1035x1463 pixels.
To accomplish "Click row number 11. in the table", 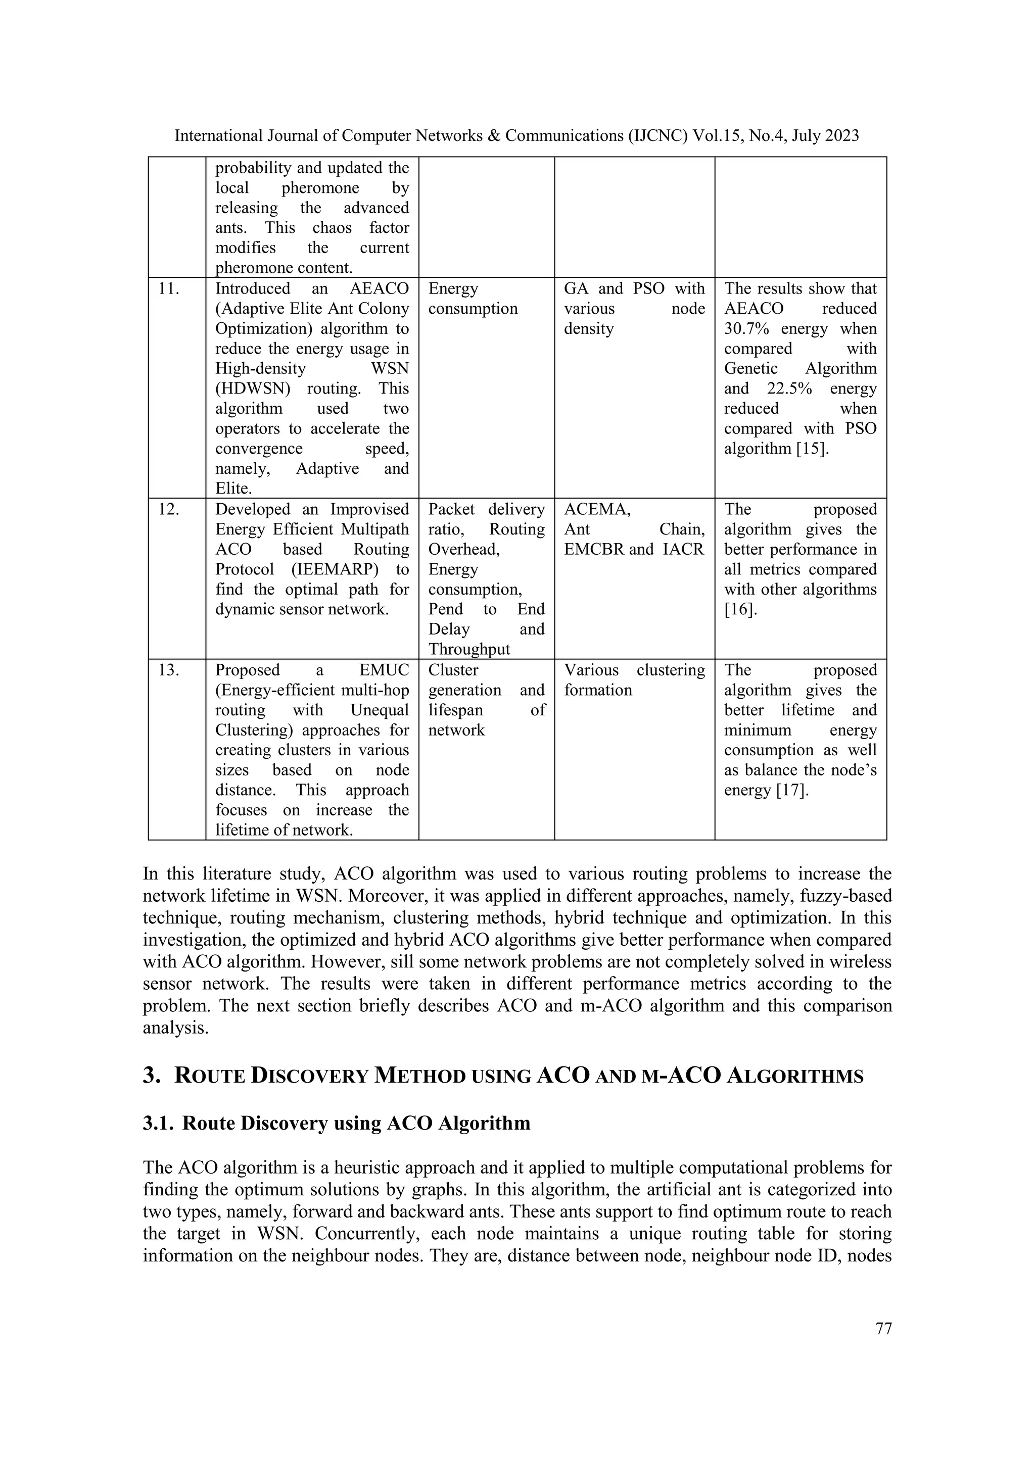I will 168,288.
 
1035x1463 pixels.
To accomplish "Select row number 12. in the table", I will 168,509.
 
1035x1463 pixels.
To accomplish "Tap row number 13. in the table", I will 168,670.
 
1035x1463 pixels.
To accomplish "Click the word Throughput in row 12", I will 469,649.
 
